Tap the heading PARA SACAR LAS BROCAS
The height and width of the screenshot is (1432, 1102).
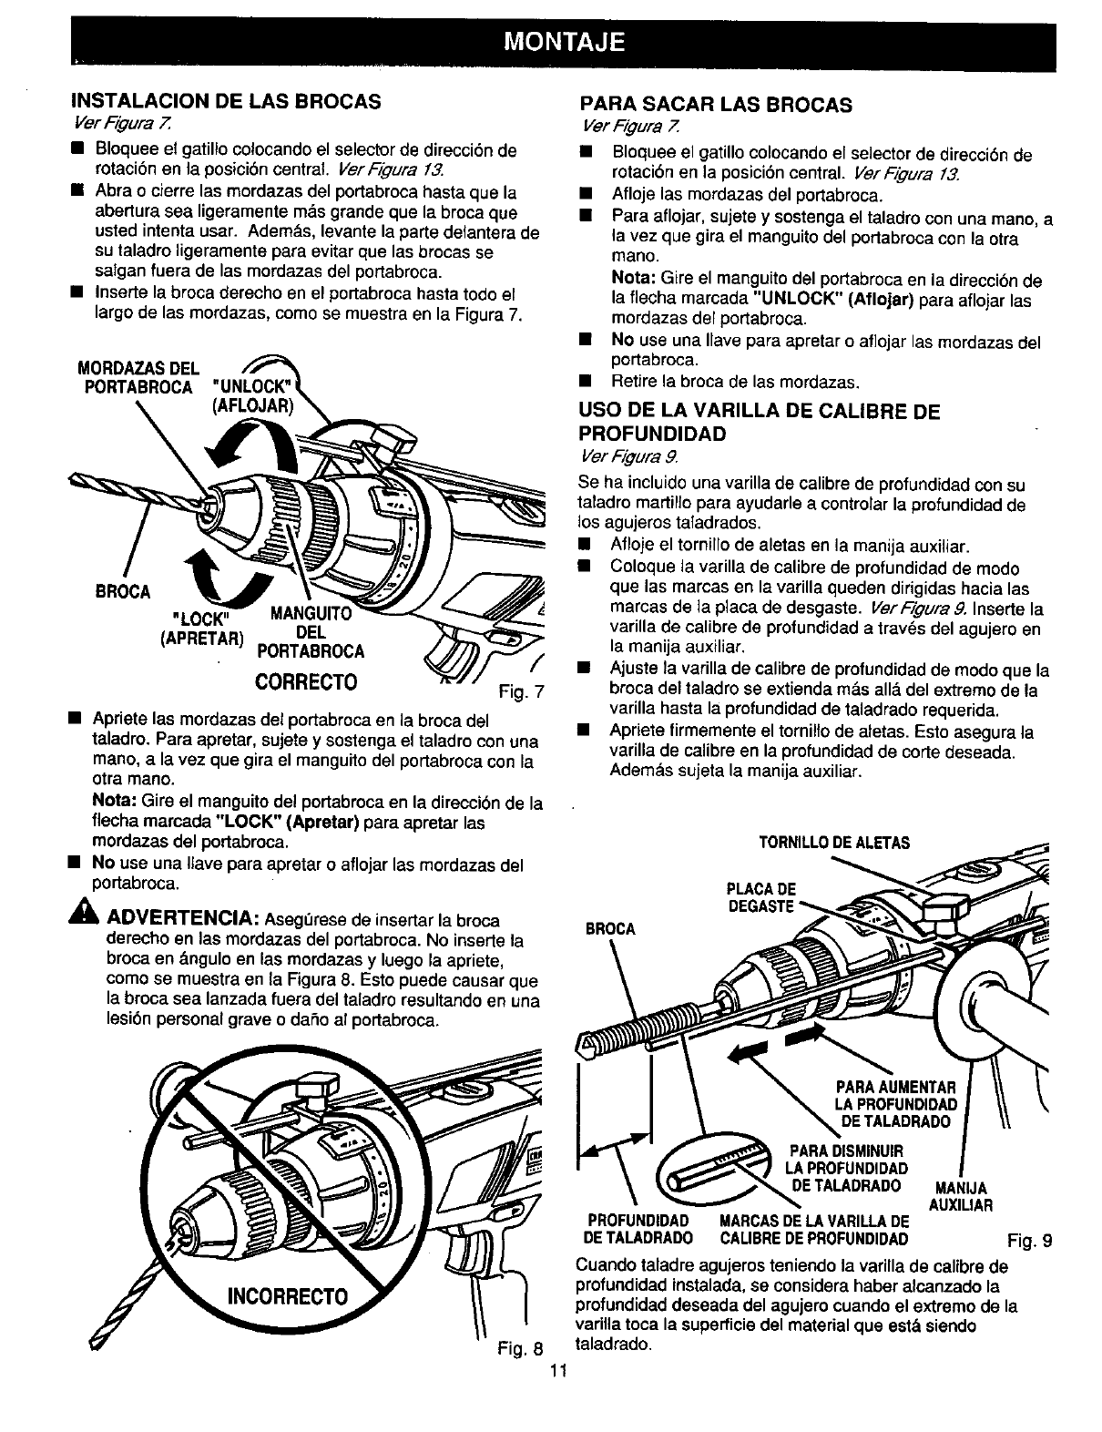point(716,104)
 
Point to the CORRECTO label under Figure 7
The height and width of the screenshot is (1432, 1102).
point(306,681)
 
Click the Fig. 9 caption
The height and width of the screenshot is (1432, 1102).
point(1030,1239)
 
